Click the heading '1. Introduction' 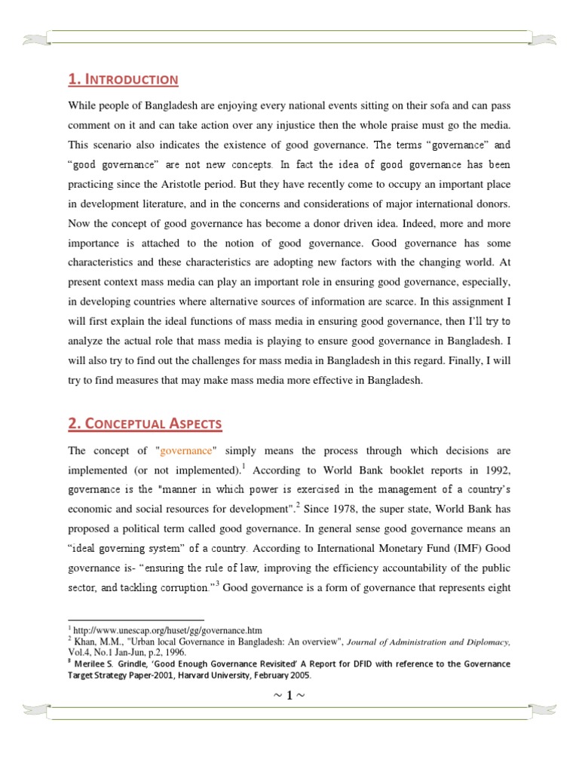[x=123, y=78]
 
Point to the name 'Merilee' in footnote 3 [x=93, y=663]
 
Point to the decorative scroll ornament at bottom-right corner [x=543, y=708]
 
